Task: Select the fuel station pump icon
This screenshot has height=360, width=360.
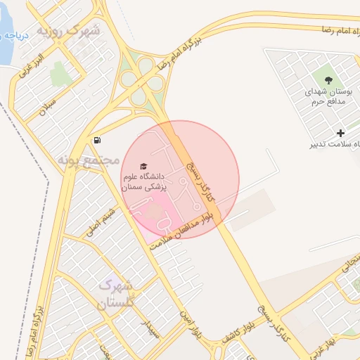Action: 96,140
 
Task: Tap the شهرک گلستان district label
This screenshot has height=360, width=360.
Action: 115,295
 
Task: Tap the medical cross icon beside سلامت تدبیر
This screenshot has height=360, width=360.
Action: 341,133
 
